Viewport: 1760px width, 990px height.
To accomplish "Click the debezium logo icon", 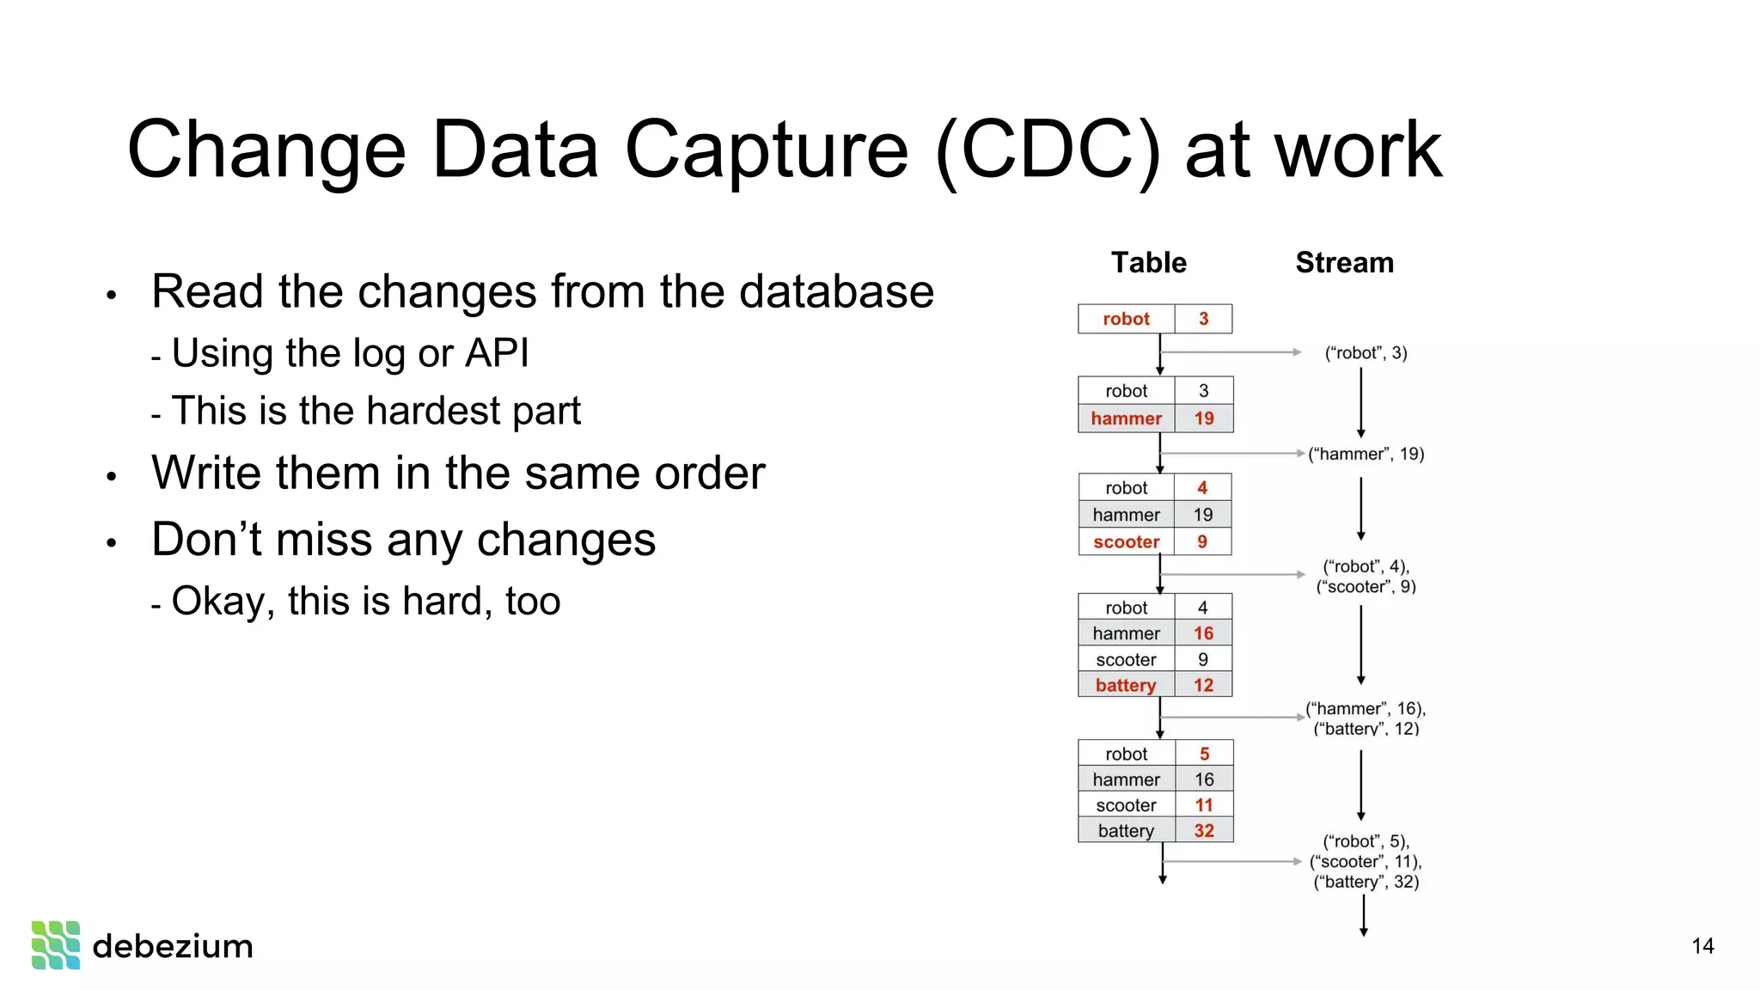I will tap(56, 944).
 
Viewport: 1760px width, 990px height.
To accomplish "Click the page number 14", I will tap(1702, 946).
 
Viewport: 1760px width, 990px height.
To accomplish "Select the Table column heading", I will tap(1148, 262).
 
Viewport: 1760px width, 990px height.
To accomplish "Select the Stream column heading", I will tap(1344, 262).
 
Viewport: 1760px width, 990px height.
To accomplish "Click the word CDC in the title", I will tap(1046, 150).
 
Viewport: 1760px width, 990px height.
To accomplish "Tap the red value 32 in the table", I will tap(1203, 831).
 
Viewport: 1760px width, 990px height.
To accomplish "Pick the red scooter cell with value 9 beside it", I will tap(1126, 542).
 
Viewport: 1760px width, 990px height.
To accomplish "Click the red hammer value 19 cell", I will tap(1203, 419).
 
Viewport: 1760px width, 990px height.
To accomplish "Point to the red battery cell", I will tap(1125, 685).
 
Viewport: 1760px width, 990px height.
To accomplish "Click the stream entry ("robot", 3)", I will tap(1365, 352).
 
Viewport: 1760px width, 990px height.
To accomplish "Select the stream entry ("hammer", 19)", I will tap(1366, 454).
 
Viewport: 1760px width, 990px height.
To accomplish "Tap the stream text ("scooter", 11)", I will tap(1365, 861).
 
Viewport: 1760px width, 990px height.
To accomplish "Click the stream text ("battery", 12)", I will tap(1366, 729).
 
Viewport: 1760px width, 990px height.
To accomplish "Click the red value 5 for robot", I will tap(1203, 754).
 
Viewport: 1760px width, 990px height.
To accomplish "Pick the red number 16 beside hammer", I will tap(1203, 633).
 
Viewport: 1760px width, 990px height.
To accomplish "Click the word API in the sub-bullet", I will tap(496, 353).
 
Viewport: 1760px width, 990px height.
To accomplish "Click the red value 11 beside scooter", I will tap(1203, 805).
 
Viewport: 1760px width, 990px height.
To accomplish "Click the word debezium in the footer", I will tap(172, 946).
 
